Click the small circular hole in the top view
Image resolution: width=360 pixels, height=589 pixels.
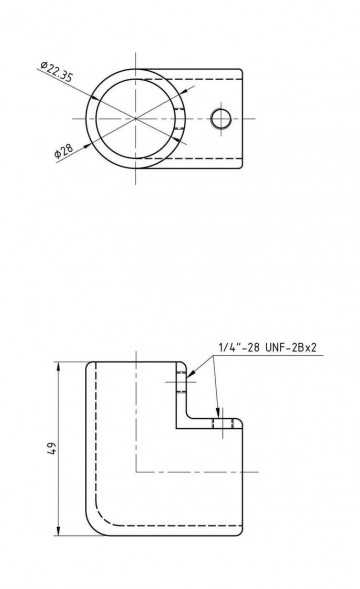point(221,119)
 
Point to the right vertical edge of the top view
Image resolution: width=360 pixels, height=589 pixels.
point(242,119)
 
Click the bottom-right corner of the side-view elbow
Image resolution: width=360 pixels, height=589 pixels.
point(243,534)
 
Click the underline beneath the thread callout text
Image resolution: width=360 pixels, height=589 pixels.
point(259,355)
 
